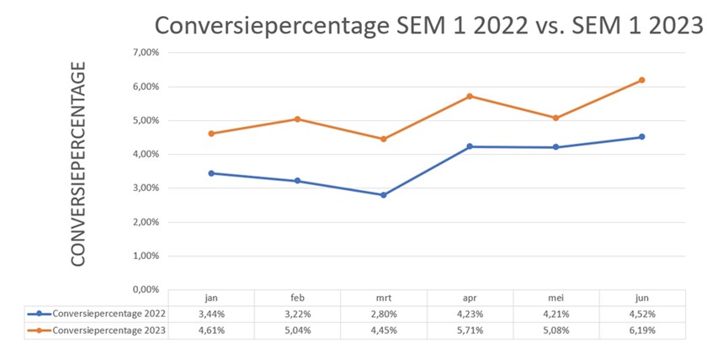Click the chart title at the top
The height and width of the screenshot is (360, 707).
point(428,25)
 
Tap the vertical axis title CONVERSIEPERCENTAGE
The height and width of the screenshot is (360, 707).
point(78,163)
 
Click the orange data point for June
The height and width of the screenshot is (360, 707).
point(641,80)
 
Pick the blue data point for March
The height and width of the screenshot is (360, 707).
point(383,195)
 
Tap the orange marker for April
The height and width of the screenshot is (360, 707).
point(469,96)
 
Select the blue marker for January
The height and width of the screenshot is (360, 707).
point(210,173)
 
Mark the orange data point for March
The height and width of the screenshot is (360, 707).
point(383,139)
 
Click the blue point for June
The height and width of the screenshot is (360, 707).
point(641,136)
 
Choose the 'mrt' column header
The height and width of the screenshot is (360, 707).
point(383,298)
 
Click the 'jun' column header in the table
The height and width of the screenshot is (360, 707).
point(641,298)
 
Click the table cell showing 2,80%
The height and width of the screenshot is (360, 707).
point(383,314)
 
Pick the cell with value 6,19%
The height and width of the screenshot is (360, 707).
point(641,330)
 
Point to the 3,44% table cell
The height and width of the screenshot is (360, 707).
point(210,314)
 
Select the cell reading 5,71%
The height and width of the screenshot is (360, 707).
point(469,330)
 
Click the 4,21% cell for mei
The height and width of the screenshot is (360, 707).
point(555,314)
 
